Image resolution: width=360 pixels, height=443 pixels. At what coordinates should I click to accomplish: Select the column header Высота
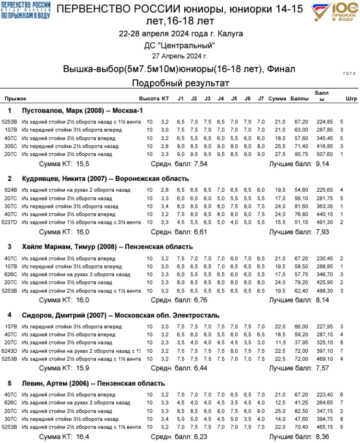click(149, 98)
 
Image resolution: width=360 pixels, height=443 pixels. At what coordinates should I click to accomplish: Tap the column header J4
click(220, 98)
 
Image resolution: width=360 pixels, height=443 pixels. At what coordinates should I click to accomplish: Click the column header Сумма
click(277, 98)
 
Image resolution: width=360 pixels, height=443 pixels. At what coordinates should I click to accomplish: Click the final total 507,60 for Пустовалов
click(324, 154)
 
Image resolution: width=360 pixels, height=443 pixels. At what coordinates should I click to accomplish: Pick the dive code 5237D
click(11, 222)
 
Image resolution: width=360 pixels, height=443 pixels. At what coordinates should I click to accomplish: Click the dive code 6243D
click(11, 351)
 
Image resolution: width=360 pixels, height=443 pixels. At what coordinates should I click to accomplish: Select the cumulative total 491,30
click(324, 222)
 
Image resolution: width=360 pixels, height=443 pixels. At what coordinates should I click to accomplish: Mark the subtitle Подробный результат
click(180, 83)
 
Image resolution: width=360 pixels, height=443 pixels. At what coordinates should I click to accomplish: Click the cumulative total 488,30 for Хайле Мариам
click(324, 291)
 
